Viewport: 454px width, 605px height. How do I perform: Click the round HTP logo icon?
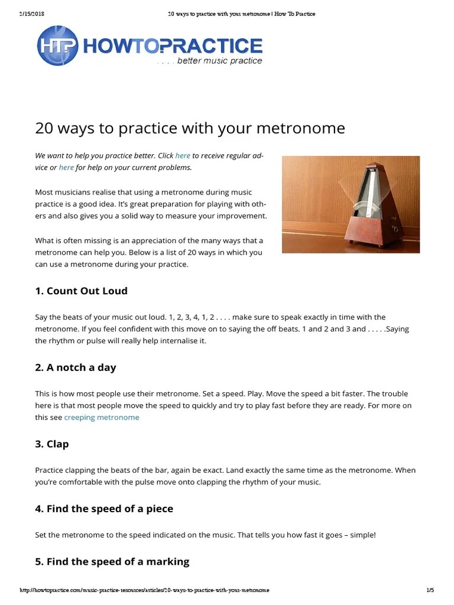(57, 45)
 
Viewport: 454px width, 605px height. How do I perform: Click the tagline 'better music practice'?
(219, 61)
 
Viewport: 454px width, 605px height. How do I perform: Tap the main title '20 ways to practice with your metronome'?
(190, 128)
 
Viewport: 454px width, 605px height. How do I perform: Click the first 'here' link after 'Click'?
(183, 156)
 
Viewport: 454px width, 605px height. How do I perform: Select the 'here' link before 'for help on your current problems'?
(66, 168)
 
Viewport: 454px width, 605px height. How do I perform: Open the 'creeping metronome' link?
(102, 417)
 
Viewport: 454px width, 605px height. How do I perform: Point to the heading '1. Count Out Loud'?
(81, 291)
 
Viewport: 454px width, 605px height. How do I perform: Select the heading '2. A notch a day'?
(76, 367)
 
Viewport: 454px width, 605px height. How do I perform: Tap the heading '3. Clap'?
(52, 444)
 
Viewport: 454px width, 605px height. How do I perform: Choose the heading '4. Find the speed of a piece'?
(104, 509)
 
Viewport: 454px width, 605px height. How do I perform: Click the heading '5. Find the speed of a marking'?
(112, 561)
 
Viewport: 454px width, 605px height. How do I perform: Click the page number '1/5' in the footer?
(430, 590)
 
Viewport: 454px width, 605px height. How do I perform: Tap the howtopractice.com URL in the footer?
(145, 590)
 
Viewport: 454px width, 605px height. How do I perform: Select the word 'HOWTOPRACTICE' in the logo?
(174, 46)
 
